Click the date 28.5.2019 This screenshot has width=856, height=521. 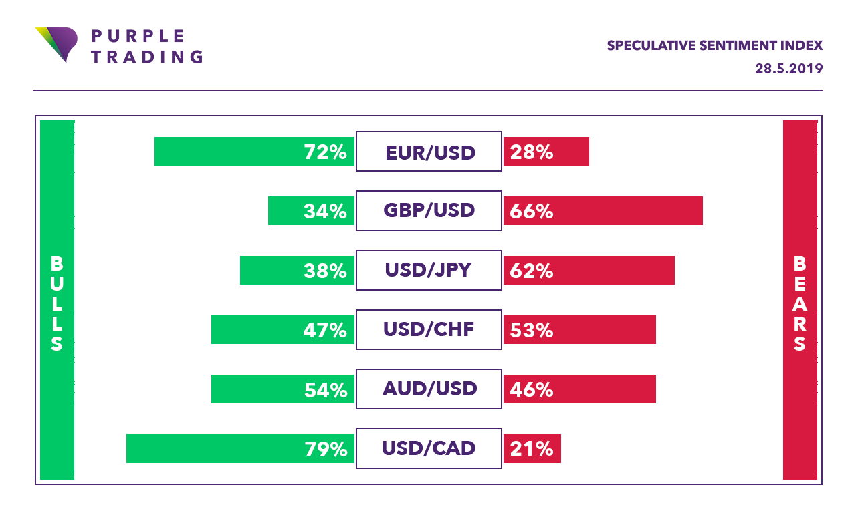pos(789,69)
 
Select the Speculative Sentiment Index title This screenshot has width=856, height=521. pos(714,45)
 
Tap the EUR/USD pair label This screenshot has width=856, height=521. pos(429,152)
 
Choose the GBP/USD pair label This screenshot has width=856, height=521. pos(429,211)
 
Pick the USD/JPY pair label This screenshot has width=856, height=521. pos(429,271)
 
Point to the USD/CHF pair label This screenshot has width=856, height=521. pos(429,330)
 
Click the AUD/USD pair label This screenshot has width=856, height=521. pos(429,389)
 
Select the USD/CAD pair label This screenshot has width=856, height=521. pos(429,448)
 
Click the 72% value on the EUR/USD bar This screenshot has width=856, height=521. pos(326,152)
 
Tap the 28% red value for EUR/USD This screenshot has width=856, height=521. pos(532,152)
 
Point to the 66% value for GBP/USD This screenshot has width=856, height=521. pos(532,212)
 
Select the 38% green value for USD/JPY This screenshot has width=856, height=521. pos(326,271)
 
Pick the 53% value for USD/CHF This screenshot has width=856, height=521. pos(532,330)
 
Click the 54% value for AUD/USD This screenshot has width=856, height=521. pos(326,389)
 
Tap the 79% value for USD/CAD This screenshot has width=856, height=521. pos(326,449)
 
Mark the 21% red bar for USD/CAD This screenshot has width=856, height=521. pos(532,449)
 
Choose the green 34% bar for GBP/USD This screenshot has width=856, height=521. pos(311,211)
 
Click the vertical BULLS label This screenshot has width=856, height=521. pos(57,304)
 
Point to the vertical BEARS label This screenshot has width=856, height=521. pos(800,304)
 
